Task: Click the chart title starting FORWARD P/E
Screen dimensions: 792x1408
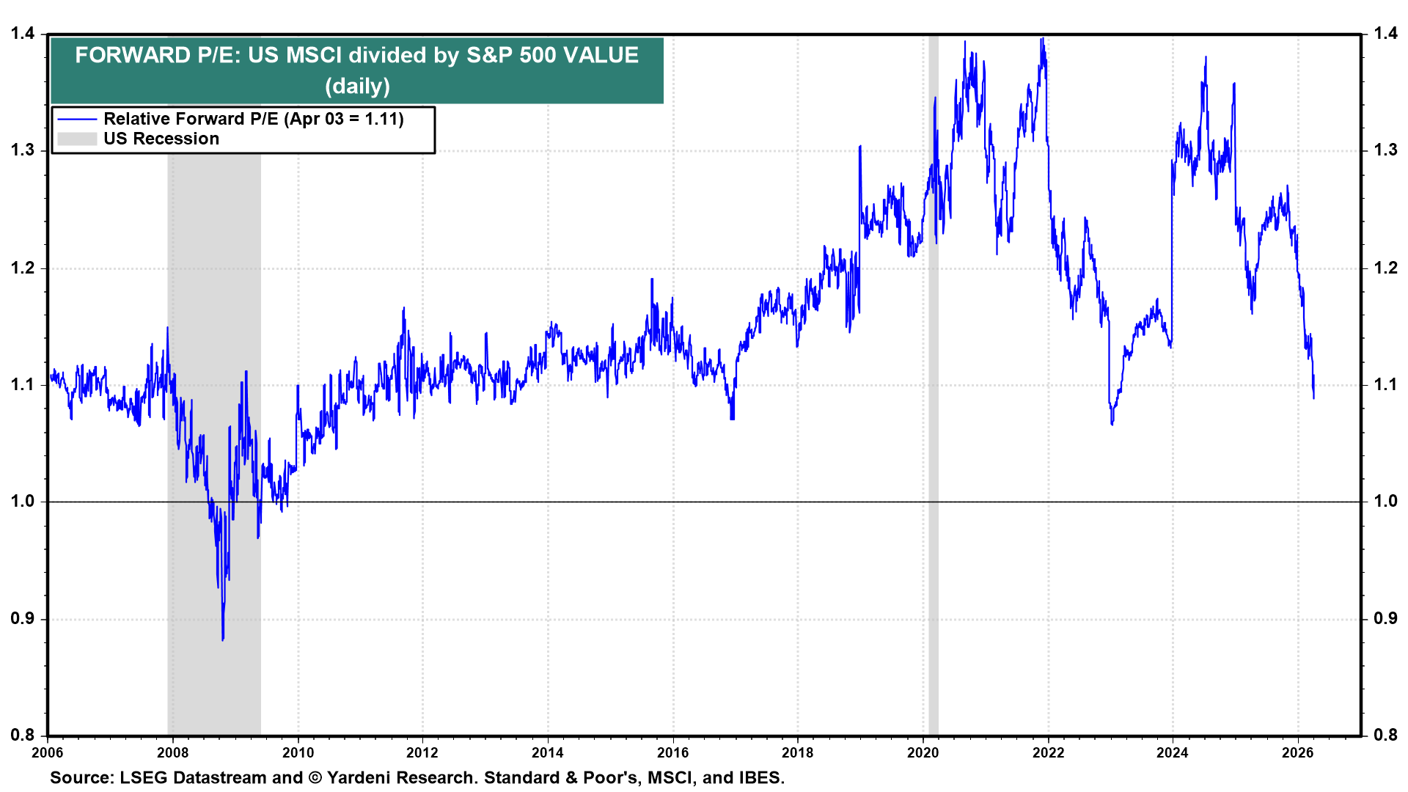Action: [356, 56]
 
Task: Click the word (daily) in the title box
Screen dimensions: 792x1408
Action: [357, 87]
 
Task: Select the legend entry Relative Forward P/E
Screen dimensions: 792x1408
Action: [253, 119]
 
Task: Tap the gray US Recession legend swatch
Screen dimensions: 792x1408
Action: [77, 139]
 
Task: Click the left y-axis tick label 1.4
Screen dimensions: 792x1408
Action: [22, 33]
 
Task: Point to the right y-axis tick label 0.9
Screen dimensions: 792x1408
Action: [1385, 618]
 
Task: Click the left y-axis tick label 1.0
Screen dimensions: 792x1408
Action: [22, 501]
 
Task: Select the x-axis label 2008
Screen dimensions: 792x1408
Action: [173, 752]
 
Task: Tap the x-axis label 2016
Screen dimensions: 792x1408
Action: [672, 752]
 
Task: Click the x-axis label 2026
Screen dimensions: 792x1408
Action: [1297, 752]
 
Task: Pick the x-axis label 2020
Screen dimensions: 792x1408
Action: [923, 752]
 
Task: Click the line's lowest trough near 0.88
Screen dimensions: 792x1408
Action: [223, 639]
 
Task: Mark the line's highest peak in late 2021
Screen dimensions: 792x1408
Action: [1042, 39]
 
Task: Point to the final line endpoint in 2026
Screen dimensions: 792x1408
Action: [1313, 397]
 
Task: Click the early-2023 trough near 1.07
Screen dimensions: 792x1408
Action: [1112, 423]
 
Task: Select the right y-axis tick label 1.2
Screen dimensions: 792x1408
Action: [1385, 268]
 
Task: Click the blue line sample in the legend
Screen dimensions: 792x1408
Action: [77, 119]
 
